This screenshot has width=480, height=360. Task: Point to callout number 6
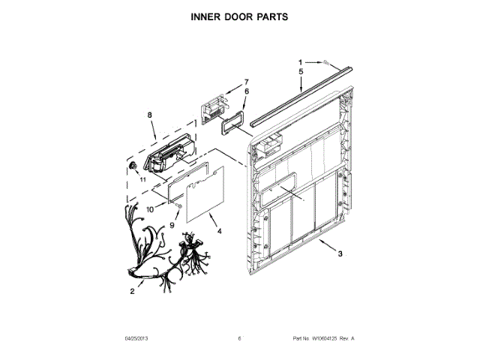click(245, 91)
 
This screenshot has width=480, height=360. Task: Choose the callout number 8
click(149, 114)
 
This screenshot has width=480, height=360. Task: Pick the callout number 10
click(150, 209)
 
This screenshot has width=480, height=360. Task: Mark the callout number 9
click(171, 223)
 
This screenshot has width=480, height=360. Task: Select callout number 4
click(219, 231)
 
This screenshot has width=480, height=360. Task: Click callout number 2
click(132, 290)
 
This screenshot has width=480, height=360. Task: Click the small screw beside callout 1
click(328, 63)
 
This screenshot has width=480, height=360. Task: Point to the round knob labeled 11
click(132, 165)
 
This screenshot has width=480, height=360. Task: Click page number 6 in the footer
click(239, 339)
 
